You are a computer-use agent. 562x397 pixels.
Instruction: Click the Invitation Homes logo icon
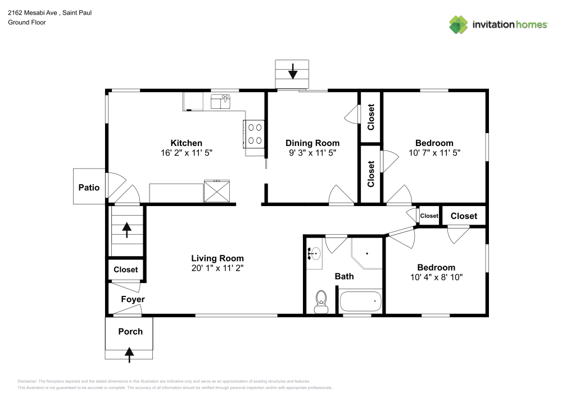[459, 24]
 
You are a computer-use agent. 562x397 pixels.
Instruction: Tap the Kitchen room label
[186, 143]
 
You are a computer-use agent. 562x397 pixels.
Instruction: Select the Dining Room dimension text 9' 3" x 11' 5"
[312, 152]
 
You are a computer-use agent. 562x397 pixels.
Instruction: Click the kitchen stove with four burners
[255, 134]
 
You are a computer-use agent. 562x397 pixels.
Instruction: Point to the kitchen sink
[221, 102]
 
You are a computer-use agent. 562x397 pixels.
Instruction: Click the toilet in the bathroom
[321, 300]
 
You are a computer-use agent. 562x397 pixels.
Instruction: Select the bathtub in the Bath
[361, 302]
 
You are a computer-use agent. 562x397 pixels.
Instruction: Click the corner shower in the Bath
[366, 252]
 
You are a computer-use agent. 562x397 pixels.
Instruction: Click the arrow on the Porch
[129, 353]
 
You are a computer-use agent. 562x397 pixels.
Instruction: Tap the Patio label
[89, 188]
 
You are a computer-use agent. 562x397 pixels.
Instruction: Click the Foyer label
[133, 299]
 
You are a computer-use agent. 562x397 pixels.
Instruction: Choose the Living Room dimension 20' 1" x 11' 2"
[217, 268]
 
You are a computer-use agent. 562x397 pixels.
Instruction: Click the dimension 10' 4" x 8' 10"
[436, 277]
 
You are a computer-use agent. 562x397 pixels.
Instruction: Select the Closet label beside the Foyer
[126, 270]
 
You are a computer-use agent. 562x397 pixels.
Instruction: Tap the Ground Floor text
[27, 22]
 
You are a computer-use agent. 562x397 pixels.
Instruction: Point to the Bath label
[345, 276]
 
